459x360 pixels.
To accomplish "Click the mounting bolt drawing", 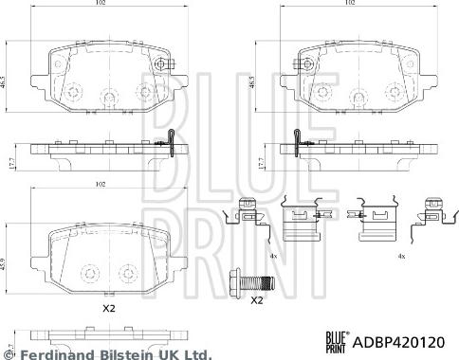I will pos(253,281).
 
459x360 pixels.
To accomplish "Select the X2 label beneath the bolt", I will pos(255,301).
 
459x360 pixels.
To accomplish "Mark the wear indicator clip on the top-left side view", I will pos(170,142).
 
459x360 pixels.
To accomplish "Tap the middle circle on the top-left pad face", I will pos(106,94).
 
